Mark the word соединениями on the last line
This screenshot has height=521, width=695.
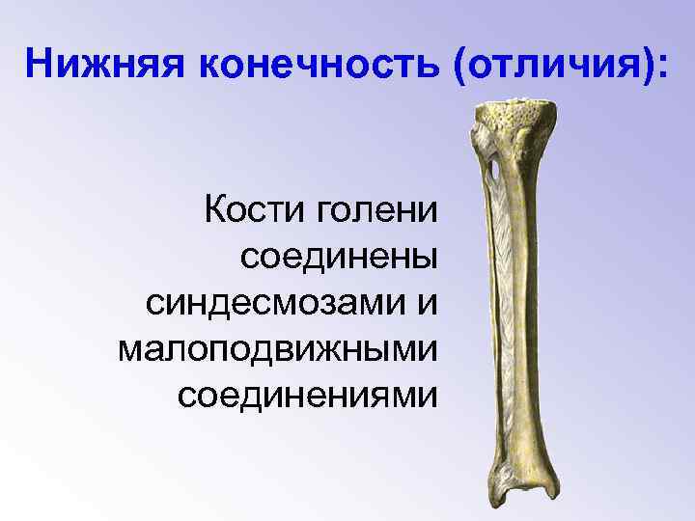click(307, 395)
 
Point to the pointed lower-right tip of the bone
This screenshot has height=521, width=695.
click(561, 508)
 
